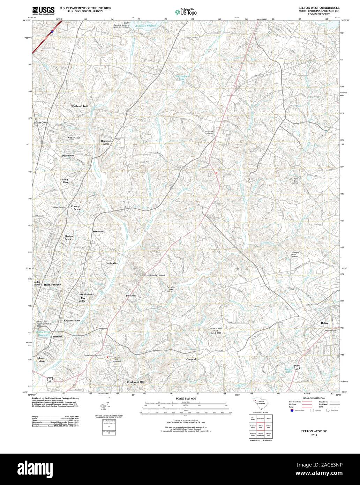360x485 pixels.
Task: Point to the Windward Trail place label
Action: click(80, 106)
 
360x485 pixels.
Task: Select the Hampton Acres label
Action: click(106, 142)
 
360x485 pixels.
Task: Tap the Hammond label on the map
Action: click(98, 231)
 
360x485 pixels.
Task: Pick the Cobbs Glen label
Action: click(112, 263)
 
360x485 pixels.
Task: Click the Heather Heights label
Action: click(53, 285)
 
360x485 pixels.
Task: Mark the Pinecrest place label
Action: click(133, 296)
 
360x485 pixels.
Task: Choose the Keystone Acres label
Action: click(72, 320)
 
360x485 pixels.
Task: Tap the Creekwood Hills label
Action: click(136, 382)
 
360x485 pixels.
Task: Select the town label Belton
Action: click(325, 323)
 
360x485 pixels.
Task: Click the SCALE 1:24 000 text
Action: click(186, 398)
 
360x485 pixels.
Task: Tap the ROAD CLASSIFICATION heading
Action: click(314, 398)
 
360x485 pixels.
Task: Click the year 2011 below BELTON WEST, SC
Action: click(315, 436)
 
